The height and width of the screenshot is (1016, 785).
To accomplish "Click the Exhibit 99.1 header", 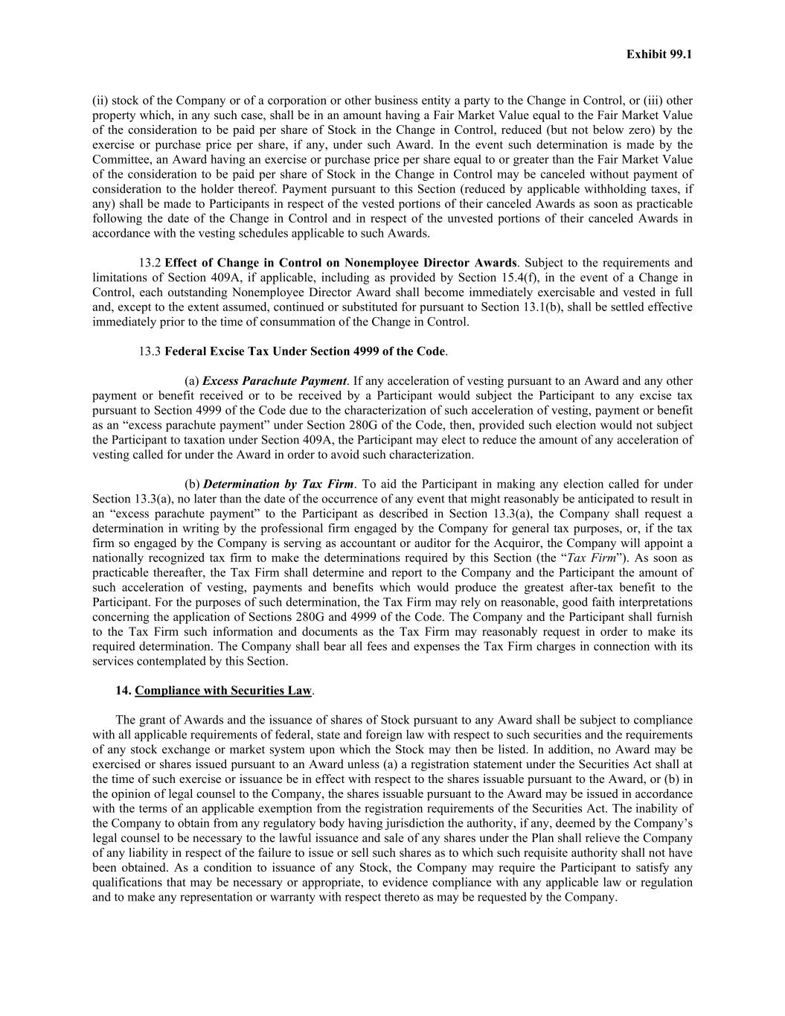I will click(x=659, y=54).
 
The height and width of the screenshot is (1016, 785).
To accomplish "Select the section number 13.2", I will click(x=150, y=263).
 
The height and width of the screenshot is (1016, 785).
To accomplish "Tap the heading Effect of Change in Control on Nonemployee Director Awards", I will click(x=340, y=263).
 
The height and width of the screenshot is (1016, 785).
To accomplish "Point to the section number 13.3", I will click(x=150, y=351).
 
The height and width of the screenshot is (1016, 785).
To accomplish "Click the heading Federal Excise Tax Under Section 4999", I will click(x=304, y=351).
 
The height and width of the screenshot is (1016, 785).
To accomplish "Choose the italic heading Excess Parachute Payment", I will click(x=275, y=381).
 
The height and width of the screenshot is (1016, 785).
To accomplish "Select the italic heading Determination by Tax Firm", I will click(x=278, y=484).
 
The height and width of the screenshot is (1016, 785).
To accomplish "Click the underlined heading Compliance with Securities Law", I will click(x=223, y=691).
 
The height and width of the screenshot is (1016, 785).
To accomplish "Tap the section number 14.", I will click(x=123, y=691).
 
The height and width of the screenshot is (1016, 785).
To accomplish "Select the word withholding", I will click(x=599, y=189).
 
